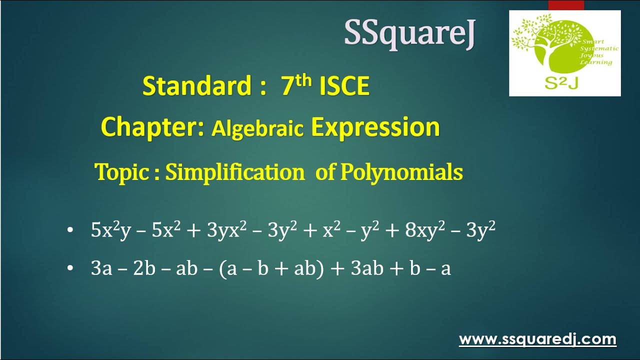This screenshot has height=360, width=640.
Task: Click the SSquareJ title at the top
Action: [x=409, y=34]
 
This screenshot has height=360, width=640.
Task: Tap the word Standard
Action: [x=196, y=86]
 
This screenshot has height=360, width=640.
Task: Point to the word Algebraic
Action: [x=257, y=128]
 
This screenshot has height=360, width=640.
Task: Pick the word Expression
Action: [x=375, y=127]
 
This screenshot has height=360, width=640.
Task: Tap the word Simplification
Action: [x=234, y=172]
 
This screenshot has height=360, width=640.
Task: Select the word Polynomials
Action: [x=401, y=172]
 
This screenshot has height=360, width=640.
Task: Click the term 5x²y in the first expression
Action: [x=110, y=230]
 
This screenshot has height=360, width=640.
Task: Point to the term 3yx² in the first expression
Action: [x=226, y=230]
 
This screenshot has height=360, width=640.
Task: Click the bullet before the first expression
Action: [x=69, y=230]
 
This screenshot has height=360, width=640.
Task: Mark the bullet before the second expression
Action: [x=69, y=269]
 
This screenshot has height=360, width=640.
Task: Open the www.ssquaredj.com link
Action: [x=537, y=339]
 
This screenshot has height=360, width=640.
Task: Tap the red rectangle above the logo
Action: [x=565, y=5]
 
